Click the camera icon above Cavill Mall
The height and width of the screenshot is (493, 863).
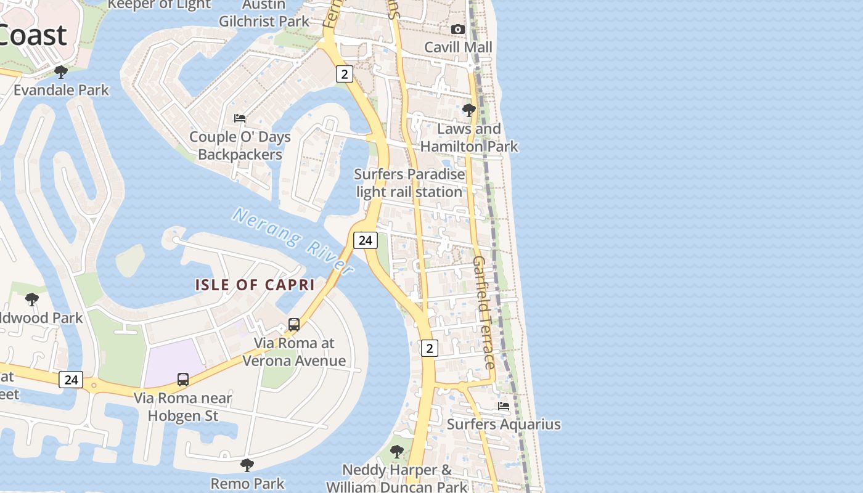pos(457,29)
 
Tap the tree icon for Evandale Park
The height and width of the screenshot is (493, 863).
pos(60,72)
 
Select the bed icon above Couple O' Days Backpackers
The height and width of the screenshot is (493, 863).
pos(240,118)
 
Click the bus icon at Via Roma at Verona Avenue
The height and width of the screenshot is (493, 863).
pos(294,325)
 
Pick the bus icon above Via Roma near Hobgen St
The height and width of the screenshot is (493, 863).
pos(183,379)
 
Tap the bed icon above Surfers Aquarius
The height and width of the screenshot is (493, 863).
pos(504,406)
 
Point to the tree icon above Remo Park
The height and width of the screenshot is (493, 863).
pos(247,465)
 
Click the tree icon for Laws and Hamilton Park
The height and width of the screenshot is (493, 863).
pos(468,110)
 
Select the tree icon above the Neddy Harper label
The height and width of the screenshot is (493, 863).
pos(397,452)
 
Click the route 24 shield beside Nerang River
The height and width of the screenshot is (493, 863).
pos(366,240)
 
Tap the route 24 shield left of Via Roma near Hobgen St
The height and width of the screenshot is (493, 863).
pos(71,379)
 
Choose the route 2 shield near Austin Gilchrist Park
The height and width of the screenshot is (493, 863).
pos(344,74)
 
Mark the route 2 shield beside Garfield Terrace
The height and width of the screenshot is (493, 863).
pos(429,348)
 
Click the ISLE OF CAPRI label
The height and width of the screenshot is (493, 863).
pos(255,285)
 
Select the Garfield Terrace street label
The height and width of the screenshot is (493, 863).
pos(484,312)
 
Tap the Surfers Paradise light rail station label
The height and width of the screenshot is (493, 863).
pos(410,183)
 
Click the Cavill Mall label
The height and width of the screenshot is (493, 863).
pos(459,47)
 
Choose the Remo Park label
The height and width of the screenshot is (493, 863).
pos(248,483)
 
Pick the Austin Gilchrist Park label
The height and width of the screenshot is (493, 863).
pos(264,12)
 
